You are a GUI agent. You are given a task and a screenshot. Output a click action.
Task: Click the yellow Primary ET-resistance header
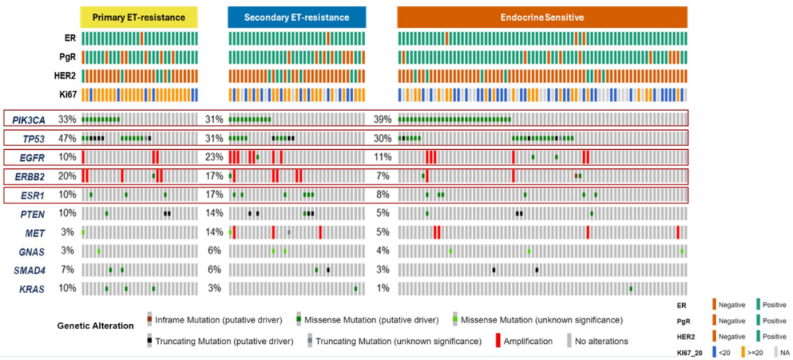coord(139,17)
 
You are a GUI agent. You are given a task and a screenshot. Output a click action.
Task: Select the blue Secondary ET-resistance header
coord(297,17)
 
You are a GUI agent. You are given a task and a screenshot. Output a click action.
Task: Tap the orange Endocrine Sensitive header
coord(542,17)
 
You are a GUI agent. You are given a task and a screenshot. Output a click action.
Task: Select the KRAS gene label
coord(32,289)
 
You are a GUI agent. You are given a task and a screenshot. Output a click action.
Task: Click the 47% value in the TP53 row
coord(68,138)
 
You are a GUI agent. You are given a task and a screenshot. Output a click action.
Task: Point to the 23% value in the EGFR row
coord(214,156)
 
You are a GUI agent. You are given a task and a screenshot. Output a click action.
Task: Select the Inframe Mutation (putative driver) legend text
coord(219,320)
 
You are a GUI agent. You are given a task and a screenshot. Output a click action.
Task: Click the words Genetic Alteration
coord(95,325)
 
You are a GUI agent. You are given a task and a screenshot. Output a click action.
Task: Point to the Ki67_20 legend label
coord(688,353)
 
